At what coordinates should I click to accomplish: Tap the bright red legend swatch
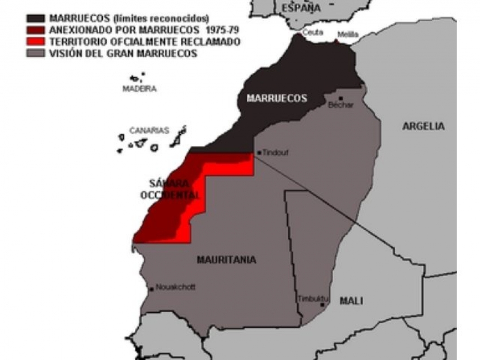pyautogui.click(x=36, y=42)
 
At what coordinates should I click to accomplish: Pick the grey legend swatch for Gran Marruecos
pyautogui.click(x=36, y=54)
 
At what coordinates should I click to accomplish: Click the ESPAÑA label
pyautogui.click(x=300, y=8)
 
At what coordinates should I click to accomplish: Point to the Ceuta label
pyautogui.click(x=313, y=33)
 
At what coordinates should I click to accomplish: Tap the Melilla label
pyautogui.click(x=348, y=34)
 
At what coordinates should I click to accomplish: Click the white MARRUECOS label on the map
pyautogui.click(x=277, y=99)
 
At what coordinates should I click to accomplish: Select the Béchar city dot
pyautogui.click(x=341, y=98)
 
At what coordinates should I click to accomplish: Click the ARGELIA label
pyautogui.click(x=424, y=126)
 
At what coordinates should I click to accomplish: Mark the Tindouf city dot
pyautogui.click(x=259, y=152)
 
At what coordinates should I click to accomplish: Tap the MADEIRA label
pyautogui.click(x=139, y=89)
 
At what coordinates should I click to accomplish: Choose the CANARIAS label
pyautogui.click(x=149, y=130)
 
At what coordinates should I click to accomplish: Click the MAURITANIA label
pyautogui.click(x=226, y=260)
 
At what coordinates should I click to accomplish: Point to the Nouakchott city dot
pyautogui.click(x=152, y=289)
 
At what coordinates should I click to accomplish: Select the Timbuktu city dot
pyautogui.click(x=322, y=305)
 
